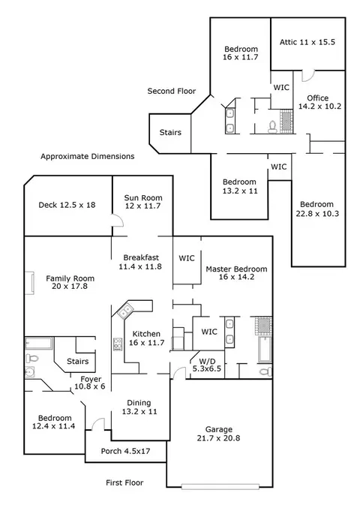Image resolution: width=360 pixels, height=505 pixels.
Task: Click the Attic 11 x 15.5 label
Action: [307, 42]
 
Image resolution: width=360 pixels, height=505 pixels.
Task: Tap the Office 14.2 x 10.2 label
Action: [319, 102]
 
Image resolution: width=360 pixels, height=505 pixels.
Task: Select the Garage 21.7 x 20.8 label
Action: [219, 434]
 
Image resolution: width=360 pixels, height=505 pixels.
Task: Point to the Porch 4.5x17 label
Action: [125, 451]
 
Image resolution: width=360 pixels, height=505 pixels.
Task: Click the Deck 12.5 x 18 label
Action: [67, 205]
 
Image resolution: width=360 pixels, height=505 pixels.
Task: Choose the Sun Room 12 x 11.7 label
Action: [143, 202]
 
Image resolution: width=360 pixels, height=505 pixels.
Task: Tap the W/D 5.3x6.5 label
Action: [207, 365]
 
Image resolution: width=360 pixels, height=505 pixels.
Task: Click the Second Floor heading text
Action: [171, 91]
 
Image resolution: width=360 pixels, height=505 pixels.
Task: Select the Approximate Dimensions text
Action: [88, 157]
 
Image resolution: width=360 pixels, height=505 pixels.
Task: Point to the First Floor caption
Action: [124, 482]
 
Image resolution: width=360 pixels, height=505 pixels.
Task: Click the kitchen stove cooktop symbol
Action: [118, 344]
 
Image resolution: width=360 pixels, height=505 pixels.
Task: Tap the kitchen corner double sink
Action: [125, 311]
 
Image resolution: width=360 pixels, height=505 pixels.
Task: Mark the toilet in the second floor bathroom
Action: [273, 127]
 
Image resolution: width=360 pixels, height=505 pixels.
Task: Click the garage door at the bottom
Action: [220, 486]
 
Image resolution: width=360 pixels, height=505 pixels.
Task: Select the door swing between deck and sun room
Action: [118, 221]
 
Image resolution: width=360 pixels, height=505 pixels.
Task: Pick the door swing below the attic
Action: [307, 76]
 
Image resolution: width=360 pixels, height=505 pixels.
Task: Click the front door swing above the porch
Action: [98, 424]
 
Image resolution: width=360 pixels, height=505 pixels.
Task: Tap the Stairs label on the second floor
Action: [170, 132]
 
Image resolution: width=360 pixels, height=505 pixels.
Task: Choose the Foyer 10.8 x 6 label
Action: [90, 383]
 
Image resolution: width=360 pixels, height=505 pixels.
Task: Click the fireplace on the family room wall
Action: [29, 283]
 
